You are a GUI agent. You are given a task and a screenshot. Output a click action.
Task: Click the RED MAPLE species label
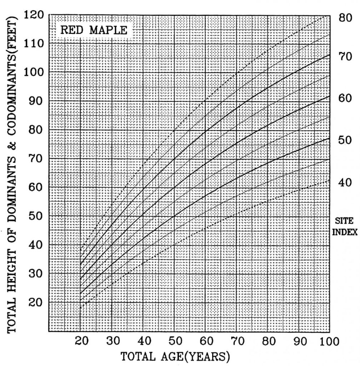[x=93, y=30]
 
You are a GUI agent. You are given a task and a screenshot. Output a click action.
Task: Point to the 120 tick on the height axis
[x=34, y=15]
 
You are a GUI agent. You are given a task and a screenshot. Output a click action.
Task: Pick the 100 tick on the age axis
[x=327, y=341]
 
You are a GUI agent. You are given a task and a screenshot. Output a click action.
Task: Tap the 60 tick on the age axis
[x=205, y=341]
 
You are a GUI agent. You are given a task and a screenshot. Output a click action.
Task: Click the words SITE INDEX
[x=345, y=227]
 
